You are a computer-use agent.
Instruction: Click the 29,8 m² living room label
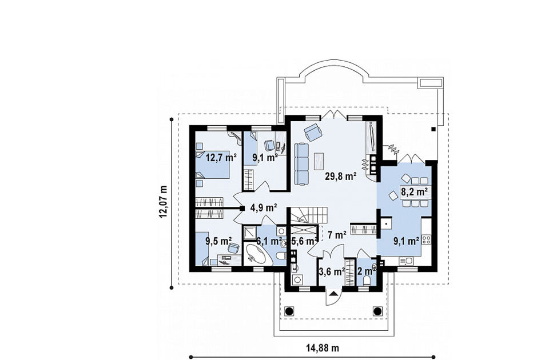tap(341, 177)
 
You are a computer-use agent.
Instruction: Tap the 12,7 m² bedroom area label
tap(221, 158)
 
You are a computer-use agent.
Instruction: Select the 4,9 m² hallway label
tap(264, 208)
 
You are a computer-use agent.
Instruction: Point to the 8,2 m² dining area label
tap(415, 191)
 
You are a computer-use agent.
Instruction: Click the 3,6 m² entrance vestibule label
tap(332, 271)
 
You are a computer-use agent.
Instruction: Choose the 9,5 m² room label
tap(218, 241)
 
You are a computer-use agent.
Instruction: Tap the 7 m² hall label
tap(337, 234)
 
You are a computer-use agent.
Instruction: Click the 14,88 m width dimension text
tap(323, 348)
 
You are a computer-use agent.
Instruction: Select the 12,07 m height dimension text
tap(163, 202)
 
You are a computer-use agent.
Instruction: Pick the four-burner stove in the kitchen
tap(427, 239)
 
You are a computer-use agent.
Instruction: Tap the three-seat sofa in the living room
tap(301, 163)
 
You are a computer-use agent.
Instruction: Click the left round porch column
tap(289, 311)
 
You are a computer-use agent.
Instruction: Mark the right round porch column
tap(377, 311)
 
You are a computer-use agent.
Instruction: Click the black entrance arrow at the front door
tap(333, 294)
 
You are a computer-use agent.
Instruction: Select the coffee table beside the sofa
tap(319, 162)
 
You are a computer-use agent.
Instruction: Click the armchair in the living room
tap(313, 132)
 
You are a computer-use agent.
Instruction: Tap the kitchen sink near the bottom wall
tap(406, 261)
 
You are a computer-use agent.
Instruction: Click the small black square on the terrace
tap(433, 129)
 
